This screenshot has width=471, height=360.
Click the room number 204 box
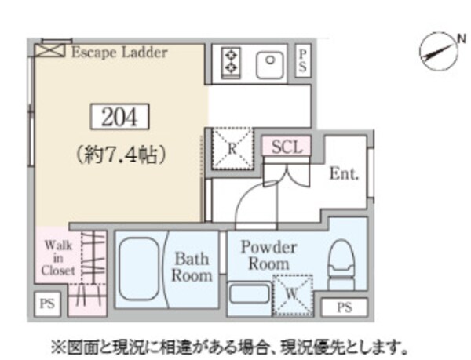(x=119, y=118)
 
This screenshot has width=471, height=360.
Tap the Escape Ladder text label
(x=119, y=53)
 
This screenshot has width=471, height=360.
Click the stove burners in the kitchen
(x=232, y=62)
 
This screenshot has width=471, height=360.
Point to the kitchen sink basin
(x=270, y=61)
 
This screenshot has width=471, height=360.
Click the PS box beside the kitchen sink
(x=303, y=60)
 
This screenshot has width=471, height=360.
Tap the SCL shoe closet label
(x=287, y=146)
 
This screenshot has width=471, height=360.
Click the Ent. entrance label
(x=344, y=174)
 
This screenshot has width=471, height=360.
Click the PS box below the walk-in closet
(x=47, y=303)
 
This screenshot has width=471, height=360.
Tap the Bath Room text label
(x=193, y=267)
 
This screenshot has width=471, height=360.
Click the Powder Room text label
(x=268, y=255)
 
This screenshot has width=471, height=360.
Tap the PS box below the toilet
(x=344, y=307)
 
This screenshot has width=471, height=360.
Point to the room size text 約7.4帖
(x=119, y=155)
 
